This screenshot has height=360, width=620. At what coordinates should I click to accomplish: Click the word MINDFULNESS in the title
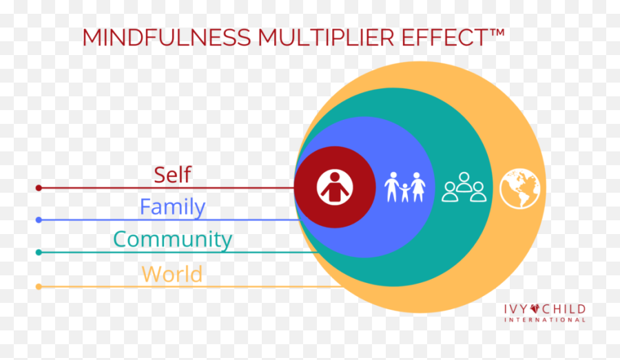point(167,38)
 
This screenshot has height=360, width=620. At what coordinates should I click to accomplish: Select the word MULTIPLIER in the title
point(327,38)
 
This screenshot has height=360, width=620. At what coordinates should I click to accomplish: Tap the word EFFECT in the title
point(445,38)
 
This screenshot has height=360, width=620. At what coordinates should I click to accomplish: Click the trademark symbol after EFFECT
point(497,32)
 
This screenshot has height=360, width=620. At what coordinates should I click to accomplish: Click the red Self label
point(172,175)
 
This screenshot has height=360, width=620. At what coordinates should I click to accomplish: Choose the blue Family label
point(173,207)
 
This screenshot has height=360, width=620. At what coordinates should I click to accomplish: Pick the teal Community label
point(173,240)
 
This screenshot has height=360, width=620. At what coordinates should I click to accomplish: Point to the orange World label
point(172,274)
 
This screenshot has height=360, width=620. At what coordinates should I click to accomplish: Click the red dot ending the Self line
point(39,188)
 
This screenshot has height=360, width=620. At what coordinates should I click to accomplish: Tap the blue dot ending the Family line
point(39,220)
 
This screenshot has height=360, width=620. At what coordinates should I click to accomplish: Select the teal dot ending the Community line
point(39,252)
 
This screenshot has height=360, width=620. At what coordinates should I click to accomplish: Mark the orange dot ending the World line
point(39,286)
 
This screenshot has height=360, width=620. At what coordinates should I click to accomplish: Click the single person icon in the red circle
point(335,187)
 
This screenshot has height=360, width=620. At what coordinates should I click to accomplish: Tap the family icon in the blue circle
point(405,187)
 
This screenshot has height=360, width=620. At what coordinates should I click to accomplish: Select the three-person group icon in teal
point(464,187)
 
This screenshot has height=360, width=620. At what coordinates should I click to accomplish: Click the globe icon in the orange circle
point(519,189)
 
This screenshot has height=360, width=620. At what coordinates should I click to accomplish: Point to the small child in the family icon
point(404,193)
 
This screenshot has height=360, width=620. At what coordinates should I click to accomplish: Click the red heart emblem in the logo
point(535,308)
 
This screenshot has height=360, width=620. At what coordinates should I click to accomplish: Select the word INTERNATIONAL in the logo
point(544,319)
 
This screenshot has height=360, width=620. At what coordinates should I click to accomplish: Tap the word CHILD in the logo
point(564,309)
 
